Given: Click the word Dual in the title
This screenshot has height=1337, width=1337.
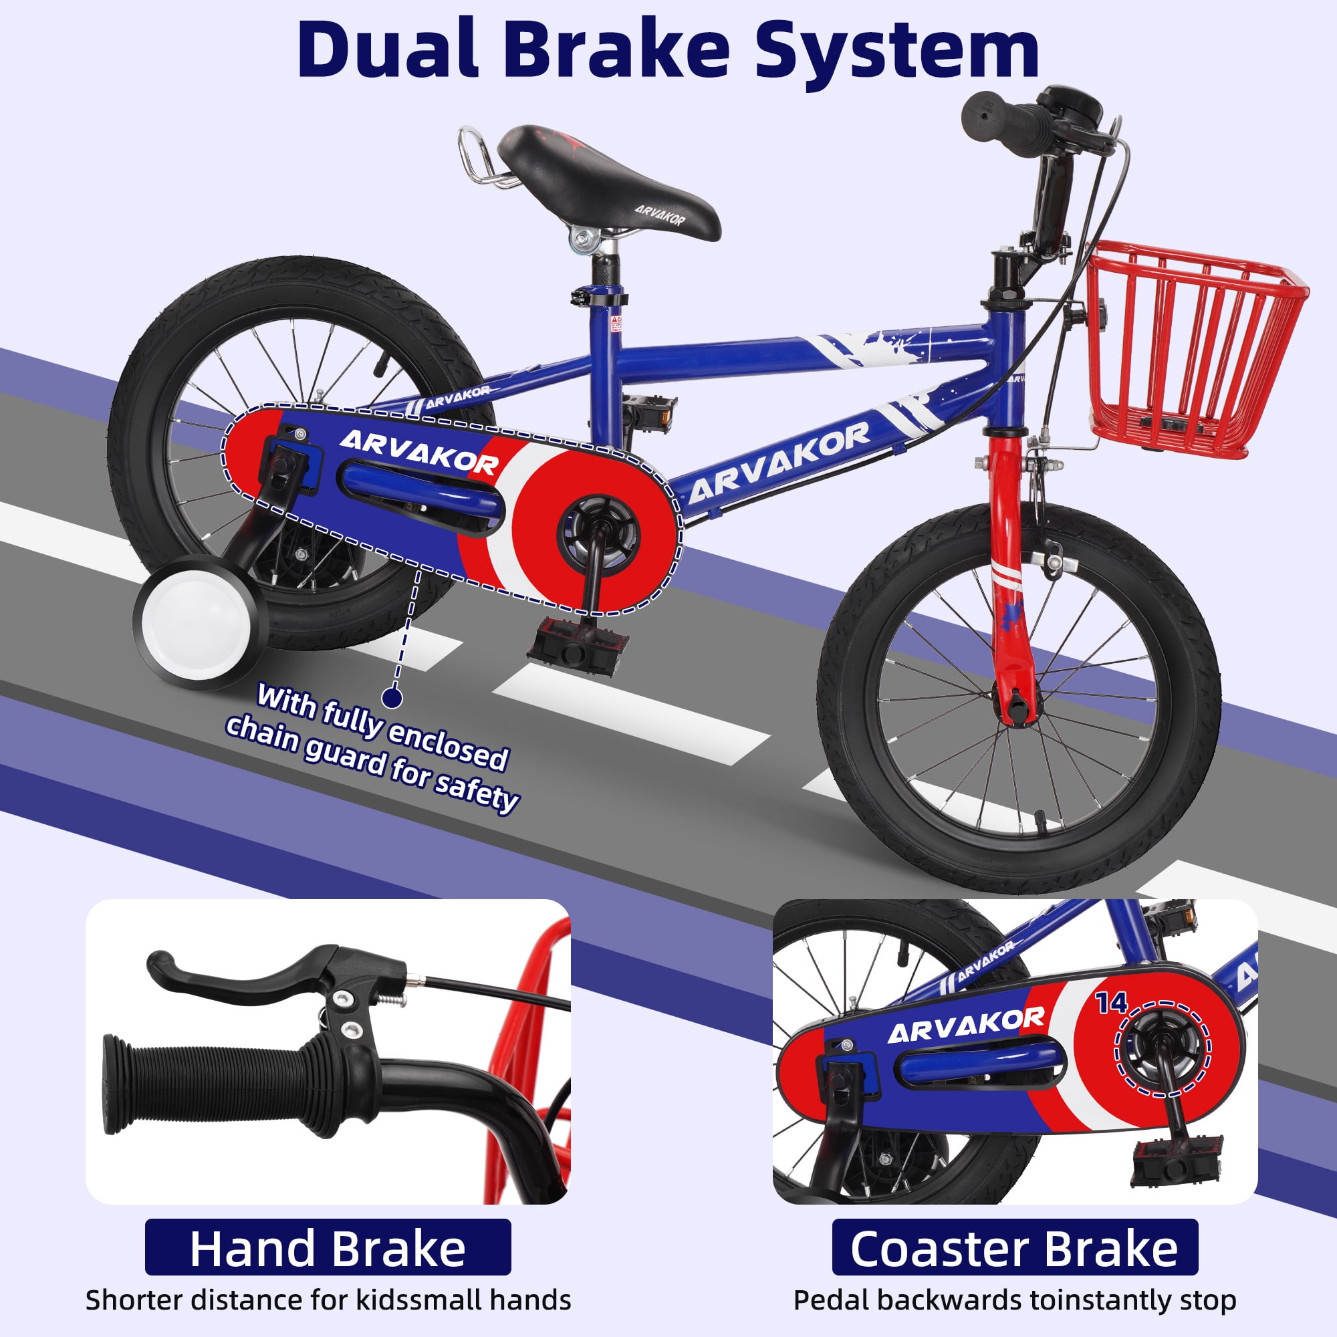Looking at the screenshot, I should [x=388, y=52].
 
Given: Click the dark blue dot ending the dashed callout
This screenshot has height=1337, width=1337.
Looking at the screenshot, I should [x=393, y=697].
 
